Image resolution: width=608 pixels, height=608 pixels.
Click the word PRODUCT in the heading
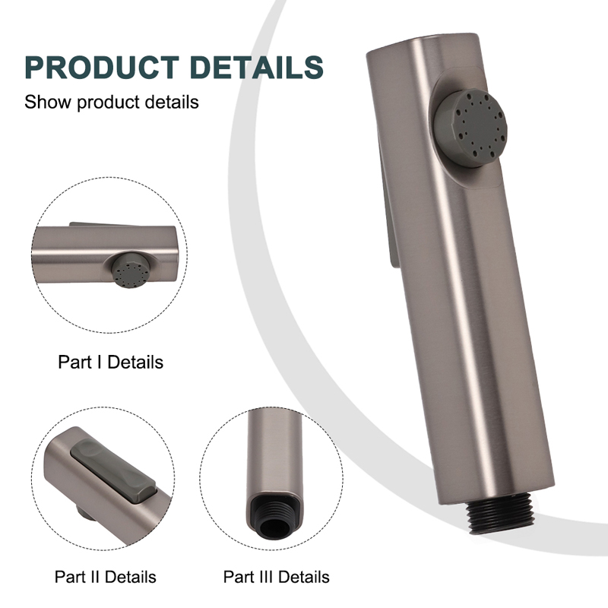pyautogui.click(x=102, y=68)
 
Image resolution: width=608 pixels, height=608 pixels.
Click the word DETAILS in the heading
pyautogui.click(x=257, y=68)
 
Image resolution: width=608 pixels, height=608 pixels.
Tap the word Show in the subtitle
pyautogui.click(x=48, y=102)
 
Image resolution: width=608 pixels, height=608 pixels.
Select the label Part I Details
pyautogui.click(x=110, y=363)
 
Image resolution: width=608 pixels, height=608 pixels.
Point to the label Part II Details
pyautogui.click(x=106, y=577)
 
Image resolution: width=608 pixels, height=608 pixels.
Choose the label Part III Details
pyautogui.click(x=277, y=577)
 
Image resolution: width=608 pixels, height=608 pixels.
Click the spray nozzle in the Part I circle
pyautogui.click(x=130, y=270)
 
